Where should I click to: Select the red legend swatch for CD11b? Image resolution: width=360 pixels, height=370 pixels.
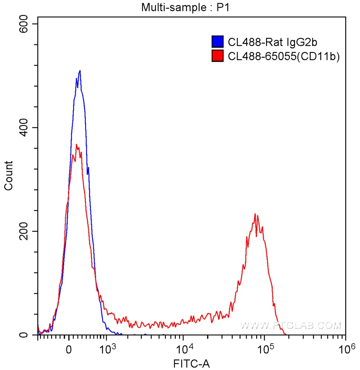pyautogui.click(x=217, y=56)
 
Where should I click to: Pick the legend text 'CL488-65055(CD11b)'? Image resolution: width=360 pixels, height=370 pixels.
pyautogui.click(x=284, y=56)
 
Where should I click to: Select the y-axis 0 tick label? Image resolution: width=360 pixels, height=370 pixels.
pyautogui.click(x=24, y=335)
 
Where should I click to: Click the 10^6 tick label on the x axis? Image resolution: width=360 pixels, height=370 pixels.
pyautogui.click(x=346, y=349)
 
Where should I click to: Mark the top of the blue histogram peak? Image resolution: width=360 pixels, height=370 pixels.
pyautogui.click(x=80, y=70)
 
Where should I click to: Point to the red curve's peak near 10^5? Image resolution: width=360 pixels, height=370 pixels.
pyautogui.click(x=255, y=214)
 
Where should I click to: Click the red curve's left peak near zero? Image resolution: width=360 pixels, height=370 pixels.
pyautogui.click(x=76, y=145)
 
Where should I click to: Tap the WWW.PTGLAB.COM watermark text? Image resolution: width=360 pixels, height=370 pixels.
pyautogui.click(x=291, y=326)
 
